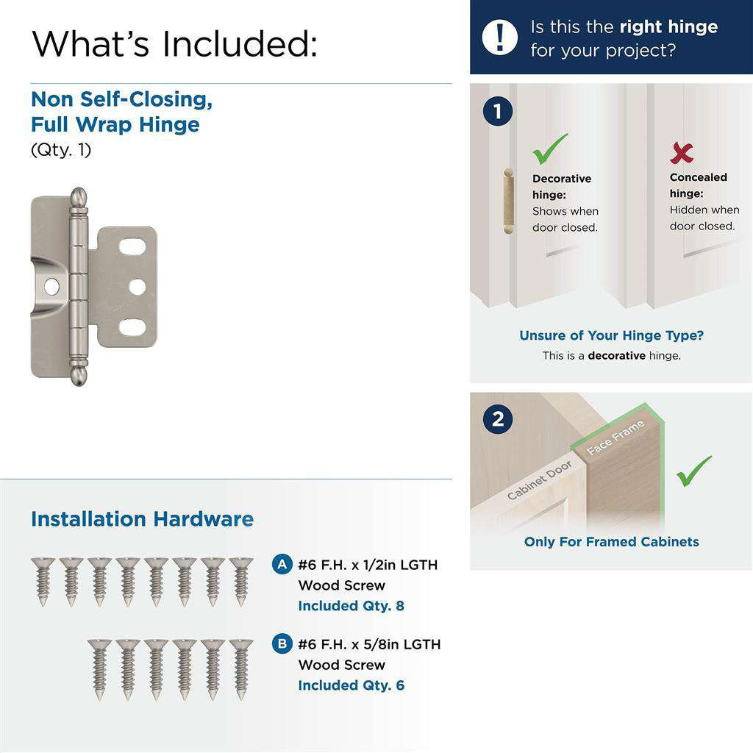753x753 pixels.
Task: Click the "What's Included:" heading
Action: click(x=175, y=43)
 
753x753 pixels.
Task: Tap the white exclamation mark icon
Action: click(x=499, y=37)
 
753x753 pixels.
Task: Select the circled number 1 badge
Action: click(x=498, y=112)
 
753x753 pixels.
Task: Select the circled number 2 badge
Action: click(x=498, y=419)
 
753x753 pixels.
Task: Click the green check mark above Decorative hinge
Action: click(x=550, y=149)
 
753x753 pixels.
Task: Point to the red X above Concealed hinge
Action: click(x=682, y=153)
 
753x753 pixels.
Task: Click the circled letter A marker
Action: click(x=281, y=565)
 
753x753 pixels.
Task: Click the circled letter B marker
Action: click(x=281, y=644)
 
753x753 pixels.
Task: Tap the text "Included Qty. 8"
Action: click(x=351, y=606)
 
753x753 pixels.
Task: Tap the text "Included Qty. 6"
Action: click(x=351, y=685)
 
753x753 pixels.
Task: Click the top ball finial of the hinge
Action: click(x=79, y=198)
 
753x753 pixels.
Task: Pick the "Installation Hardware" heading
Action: click(x=142, y=519)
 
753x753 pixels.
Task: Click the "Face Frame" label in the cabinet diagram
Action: click(x=616, y=438)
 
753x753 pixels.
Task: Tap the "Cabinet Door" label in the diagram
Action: click(x=539, y=480)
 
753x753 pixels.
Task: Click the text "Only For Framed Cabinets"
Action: click(x=611, y=542)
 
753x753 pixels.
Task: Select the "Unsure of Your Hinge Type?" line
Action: click(x=611, y=335)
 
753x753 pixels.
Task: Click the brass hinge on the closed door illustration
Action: click(x=506, y=200)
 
